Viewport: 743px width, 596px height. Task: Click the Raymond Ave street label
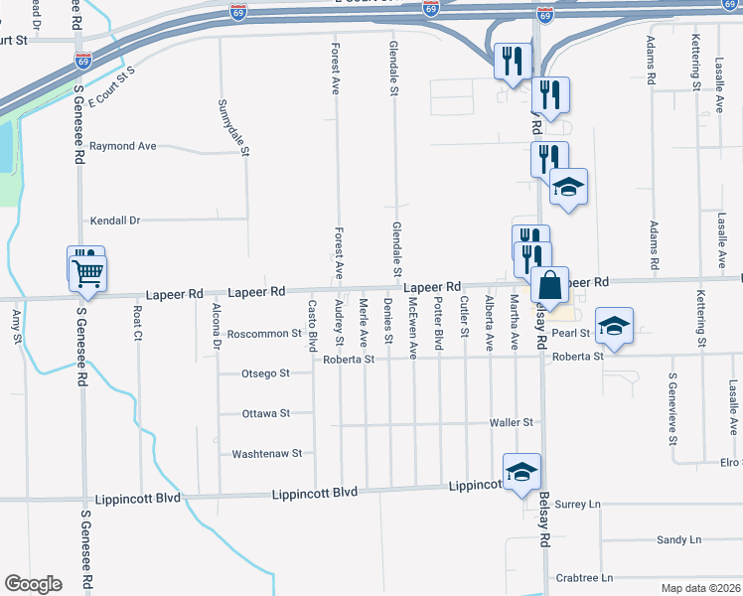[x=123, y=146]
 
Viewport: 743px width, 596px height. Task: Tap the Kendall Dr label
[x=115, y=220]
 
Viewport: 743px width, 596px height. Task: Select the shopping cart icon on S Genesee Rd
[x=88, y=271]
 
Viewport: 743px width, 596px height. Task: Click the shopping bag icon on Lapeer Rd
[x=549, y=286]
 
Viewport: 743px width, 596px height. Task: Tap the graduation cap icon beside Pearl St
[x=615, y=327]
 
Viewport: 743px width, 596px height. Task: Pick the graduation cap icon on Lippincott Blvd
[x=521, y=472]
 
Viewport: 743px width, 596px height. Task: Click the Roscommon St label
[x=264, y=334]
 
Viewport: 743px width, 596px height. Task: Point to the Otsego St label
[x=265, y=373]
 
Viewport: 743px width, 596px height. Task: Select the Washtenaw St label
[x=266, y=453]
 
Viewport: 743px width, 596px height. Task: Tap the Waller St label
[x=512, y=422]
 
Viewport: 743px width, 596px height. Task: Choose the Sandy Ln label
[x=678, y=539]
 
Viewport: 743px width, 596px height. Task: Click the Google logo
[x=33, y=584]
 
